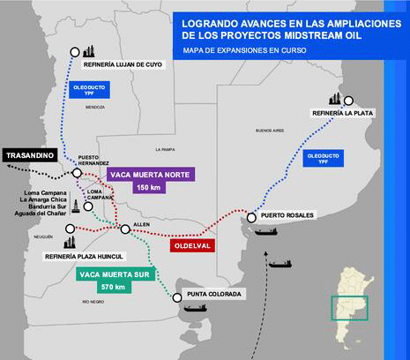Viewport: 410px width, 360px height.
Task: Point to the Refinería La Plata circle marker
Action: pos(349,101)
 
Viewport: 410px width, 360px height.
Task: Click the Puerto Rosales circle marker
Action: pos(252,218)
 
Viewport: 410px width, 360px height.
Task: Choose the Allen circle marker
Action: pos(125,229)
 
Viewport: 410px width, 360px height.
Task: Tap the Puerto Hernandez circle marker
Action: pos(77,173)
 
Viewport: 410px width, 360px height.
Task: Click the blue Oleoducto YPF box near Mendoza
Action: pos(86,90)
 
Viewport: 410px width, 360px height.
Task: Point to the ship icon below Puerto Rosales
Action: pos(265,231)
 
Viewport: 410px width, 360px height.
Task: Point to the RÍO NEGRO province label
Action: pos(94,302)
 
